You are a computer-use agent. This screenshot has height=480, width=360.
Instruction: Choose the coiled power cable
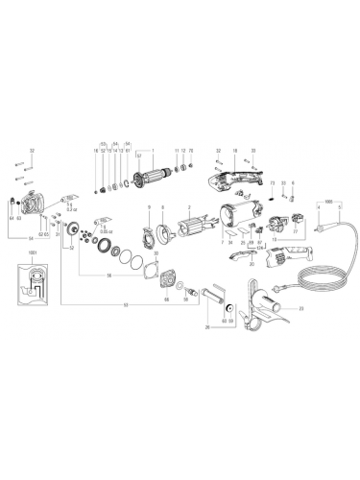(x=317, y=269)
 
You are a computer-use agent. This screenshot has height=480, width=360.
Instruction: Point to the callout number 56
(x=108, y=275)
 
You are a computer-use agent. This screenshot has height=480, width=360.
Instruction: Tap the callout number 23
(x=300, y=307)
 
